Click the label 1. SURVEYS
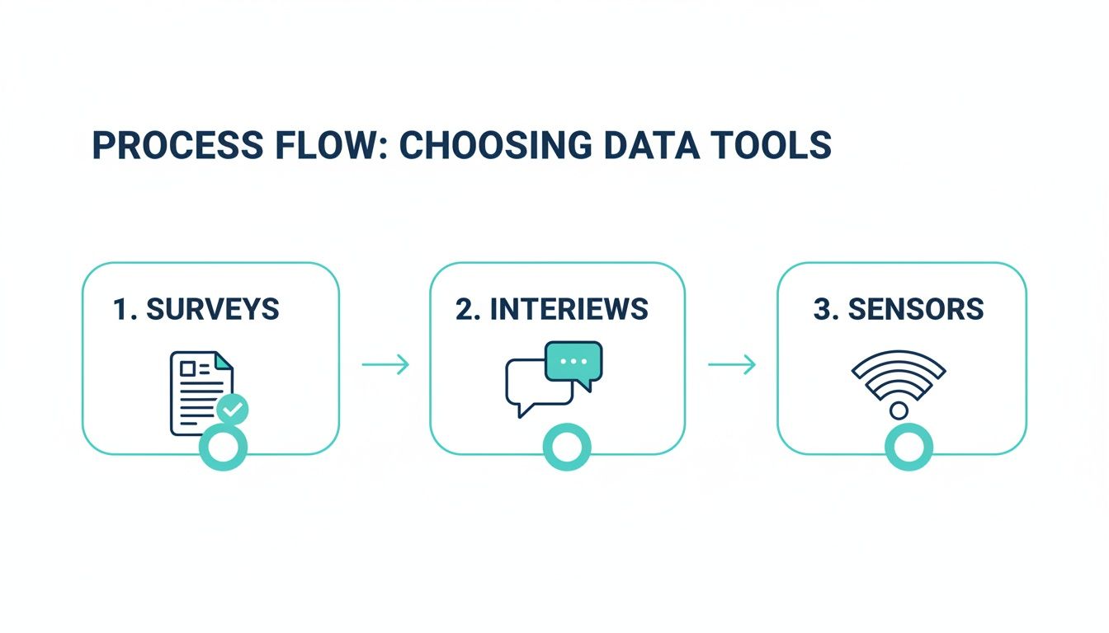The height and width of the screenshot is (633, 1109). coord(196,310)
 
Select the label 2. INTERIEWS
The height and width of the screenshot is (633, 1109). coord(551,310)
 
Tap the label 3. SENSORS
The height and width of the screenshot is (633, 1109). coord(898,310)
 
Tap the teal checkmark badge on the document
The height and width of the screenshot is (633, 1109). coord(232,408)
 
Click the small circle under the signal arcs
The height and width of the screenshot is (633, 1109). coord(899,410)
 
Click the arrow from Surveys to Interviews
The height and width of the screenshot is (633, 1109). coord(385,364)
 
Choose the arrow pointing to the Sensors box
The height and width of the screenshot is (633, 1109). coord(732,364)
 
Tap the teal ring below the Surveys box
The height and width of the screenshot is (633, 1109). coord(224,448)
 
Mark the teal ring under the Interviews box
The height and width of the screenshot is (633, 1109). coord(566,448)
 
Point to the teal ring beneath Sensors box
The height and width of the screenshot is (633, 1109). coord(908,448)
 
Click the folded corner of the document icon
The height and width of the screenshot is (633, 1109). coord(223,362)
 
